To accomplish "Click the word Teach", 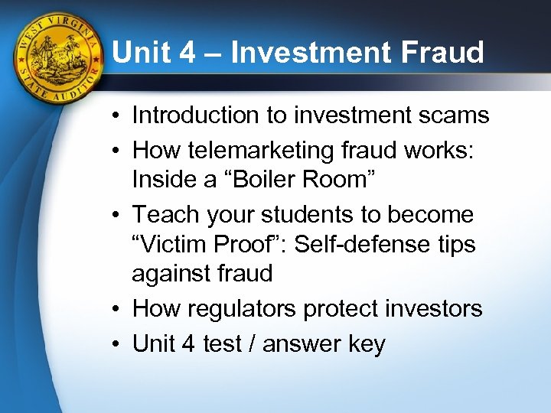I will point(165,215).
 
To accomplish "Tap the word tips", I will point(456,245).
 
